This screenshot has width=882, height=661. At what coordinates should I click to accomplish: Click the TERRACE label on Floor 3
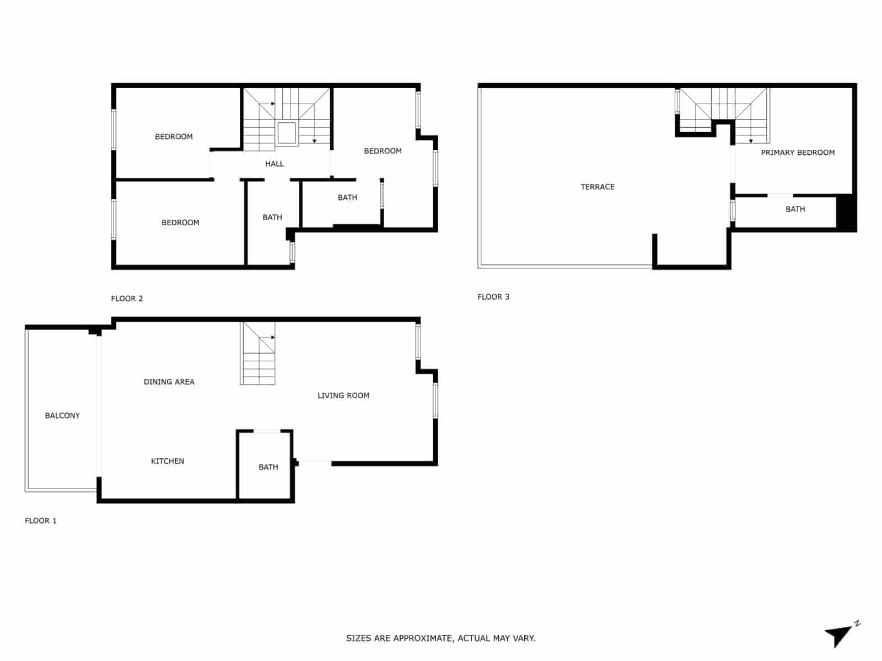598,187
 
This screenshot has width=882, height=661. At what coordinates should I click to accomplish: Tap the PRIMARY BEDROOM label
798,153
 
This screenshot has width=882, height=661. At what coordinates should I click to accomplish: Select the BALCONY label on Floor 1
62,415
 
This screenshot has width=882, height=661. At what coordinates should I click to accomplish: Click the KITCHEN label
168,461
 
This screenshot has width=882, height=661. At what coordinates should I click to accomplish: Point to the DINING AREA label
169,382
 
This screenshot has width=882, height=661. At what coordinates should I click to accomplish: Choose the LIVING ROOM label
343,395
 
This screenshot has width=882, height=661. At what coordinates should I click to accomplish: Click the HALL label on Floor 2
275,164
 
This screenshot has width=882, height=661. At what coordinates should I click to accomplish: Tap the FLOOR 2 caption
127,299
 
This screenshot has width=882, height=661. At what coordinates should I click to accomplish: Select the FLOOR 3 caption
493,297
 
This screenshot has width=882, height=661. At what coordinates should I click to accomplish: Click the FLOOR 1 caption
41,521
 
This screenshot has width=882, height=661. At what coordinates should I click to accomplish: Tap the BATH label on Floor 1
268,467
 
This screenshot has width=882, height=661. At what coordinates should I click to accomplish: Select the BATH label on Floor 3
795,209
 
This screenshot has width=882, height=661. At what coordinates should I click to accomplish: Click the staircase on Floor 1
258,354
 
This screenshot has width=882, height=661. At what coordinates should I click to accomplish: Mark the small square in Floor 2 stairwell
287,133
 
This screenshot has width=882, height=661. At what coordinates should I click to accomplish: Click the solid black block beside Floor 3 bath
846,213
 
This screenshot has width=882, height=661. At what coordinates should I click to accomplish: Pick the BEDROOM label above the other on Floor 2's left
174,137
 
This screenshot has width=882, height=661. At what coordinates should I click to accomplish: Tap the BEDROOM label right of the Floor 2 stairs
383,151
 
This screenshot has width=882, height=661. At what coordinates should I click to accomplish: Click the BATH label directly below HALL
272,218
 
